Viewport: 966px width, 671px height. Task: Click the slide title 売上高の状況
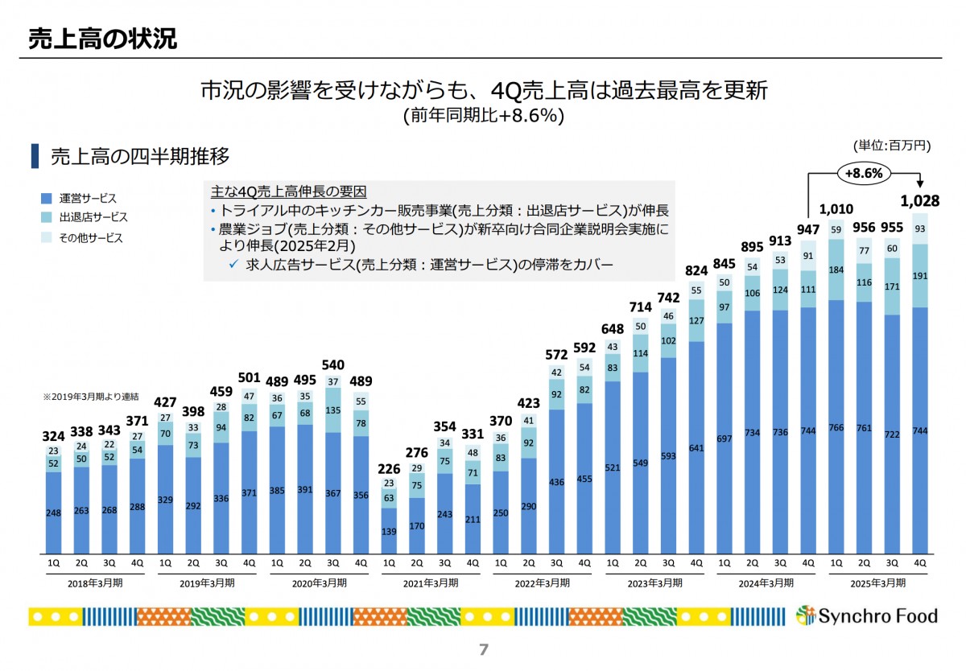102,39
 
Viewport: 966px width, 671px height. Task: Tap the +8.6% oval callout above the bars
864,172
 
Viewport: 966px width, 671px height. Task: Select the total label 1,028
920,200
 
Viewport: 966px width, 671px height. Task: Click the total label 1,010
836,208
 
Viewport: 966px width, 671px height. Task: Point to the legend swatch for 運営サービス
47,198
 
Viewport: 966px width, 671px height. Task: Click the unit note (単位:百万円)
892,146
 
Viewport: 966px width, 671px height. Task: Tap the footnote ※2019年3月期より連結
90,397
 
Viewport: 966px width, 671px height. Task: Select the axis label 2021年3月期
431,582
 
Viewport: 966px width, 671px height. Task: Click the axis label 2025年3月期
878,582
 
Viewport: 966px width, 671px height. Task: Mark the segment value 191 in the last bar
920,275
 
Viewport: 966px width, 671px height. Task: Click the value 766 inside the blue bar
836,428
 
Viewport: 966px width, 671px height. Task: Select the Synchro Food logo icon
805,617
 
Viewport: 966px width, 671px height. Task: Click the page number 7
483,649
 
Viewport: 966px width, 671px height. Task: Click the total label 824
697,270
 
